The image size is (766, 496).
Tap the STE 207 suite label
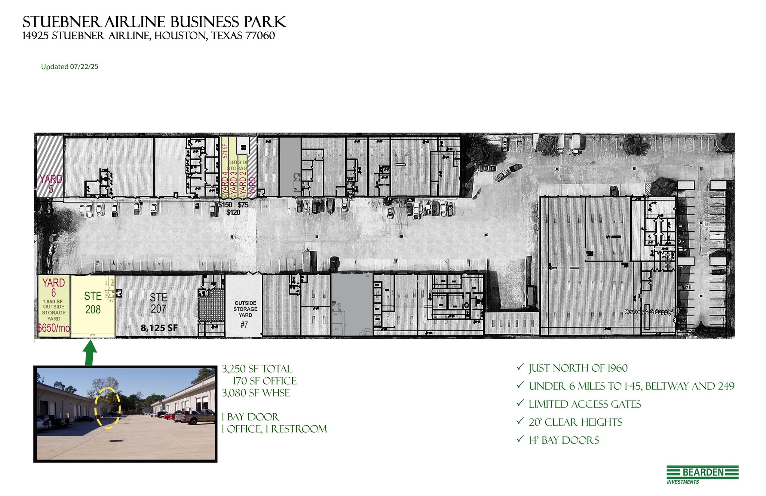159,303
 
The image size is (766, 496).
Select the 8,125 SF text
159,328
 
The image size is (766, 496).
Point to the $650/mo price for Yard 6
53,328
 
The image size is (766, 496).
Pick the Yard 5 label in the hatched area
51,184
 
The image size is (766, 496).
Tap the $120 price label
233,213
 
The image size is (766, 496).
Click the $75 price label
243,205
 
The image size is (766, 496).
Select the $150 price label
225,205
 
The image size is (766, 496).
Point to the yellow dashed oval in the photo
107,408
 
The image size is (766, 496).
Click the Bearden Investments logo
702,474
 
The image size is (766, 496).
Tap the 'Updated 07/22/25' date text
70,67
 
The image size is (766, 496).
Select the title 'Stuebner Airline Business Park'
154,22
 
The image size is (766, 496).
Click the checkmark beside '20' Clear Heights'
520,421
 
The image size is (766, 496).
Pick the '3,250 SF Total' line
257,369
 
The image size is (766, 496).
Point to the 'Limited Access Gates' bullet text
585,404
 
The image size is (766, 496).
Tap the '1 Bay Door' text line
250,417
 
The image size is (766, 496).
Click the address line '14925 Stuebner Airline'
148,36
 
